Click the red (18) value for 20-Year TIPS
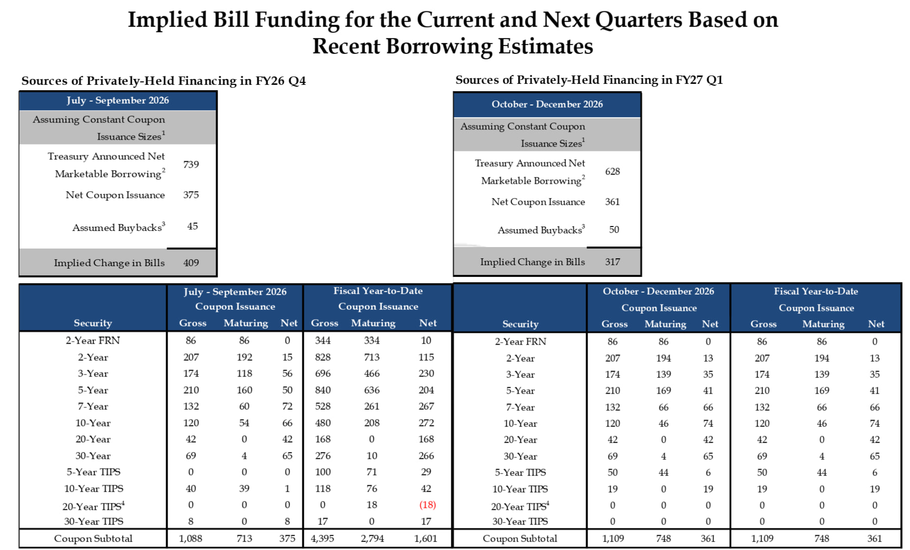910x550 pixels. click(x=427, y=505)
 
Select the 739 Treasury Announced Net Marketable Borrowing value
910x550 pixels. click(x=191, y=164)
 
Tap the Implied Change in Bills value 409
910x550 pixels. click(x=191, y=263)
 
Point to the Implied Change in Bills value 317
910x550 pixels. click(x=613, y=262)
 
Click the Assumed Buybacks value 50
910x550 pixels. click(x=614, y=229)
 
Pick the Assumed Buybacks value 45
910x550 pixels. click(x=193, y=226)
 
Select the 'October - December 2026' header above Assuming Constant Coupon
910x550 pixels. click(x=547, y=104)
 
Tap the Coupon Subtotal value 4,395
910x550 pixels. click(x=322, y=538)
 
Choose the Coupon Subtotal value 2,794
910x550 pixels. click(x=372, y=538)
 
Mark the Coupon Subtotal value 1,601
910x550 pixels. click(x=426, y=538)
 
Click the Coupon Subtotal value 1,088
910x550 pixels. click(x=191, y=538)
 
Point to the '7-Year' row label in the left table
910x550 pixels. click(x=93, y=406)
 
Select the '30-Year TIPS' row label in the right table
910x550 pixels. click(x=520, y=522)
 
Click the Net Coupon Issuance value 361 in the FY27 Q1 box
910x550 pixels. click(x=613, y=201)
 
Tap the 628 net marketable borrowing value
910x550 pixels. click(x=613, y=171)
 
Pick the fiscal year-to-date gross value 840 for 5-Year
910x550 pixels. click(x=323, y=390)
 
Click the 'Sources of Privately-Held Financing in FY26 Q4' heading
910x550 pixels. click(x=164, y=81)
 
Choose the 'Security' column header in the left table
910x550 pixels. click(x=93, y=323)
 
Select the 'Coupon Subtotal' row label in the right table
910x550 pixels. click(x=520, y=538)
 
